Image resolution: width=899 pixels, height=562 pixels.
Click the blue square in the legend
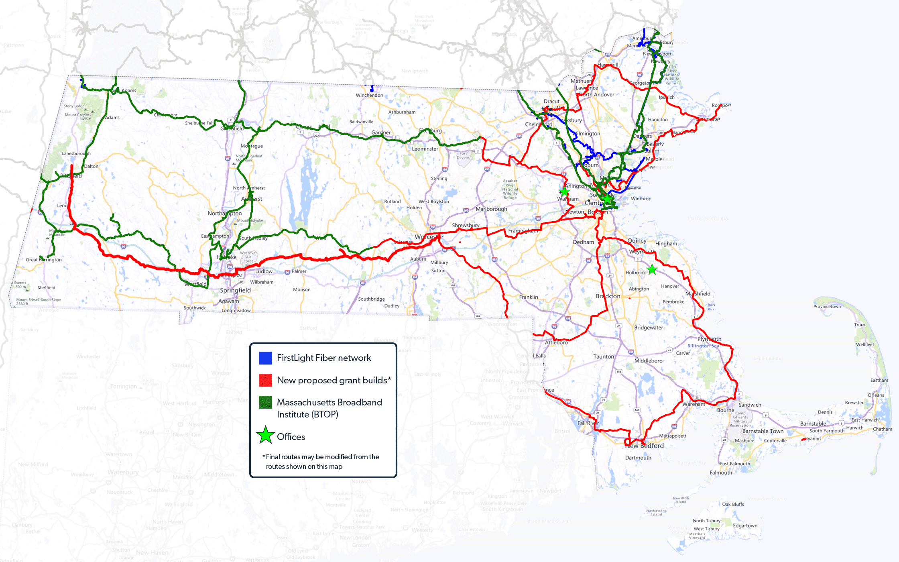click(265, 358)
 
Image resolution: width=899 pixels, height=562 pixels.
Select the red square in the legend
click(265, 380)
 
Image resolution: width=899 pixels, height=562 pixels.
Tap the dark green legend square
click(265, 402)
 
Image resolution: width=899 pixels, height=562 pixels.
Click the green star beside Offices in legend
click(265, 436)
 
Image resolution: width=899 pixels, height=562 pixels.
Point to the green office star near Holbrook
click(652, 270)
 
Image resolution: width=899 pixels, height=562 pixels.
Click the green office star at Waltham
click(564, 191)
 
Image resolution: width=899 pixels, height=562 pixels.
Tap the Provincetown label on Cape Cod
click(827, 306)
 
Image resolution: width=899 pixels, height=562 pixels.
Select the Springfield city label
click(235, 290)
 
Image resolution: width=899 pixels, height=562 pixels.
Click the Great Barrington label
click(44, 260)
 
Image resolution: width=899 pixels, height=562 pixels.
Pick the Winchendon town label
click(369, 95)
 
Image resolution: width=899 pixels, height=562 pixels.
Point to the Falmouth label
click(721, 472)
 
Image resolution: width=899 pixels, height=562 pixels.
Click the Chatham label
click(883, 429)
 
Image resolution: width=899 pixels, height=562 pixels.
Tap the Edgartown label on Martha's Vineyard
click(745, 525)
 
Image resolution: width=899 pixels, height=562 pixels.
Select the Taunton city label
click(604, 356)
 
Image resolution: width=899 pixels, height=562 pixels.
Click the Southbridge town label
click(371, 299)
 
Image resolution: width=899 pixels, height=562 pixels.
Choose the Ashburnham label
click(402, 112)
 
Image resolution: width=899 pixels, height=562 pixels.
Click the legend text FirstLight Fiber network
click(324, 358)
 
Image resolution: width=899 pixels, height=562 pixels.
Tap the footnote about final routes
click(321, 462)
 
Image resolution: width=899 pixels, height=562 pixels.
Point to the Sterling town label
click(439, 178)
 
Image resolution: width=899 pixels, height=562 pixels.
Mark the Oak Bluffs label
click(733, 504)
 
